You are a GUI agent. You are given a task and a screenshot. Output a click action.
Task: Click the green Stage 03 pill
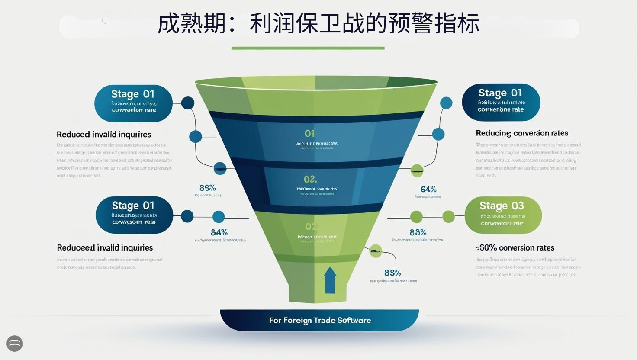[x=503, y=215]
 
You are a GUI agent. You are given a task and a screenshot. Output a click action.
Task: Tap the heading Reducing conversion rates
[x=522, y=133]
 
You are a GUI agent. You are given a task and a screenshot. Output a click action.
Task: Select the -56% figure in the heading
[x=486, y=248]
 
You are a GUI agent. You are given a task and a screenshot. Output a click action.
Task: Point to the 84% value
[x=219, y=232]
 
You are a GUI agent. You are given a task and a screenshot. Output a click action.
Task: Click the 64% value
[x=428, y=189]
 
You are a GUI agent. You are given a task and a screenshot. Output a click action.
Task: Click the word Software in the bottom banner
[x=354, y=321]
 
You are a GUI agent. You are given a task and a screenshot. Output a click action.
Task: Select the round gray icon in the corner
[x=15, y=344]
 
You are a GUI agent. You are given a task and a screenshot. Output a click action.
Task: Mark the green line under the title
[x=308, y=48]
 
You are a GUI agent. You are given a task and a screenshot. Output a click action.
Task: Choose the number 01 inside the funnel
[x=309, y=134]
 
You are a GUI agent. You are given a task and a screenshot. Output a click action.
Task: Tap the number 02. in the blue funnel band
[x=310, y=179]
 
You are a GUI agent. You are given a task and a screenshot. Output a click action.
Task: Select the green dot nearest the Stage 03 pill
[x=449, y=216]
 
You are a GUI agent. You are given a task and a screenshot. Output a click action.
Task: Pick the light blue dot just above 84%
[x=219, y=217]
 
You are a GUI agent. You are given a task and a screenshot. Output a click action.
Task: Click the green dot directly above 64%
[x=417, y=170]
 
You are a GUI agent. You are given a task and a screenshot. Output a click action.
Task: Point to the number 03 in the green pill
[x=518, y=206]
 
